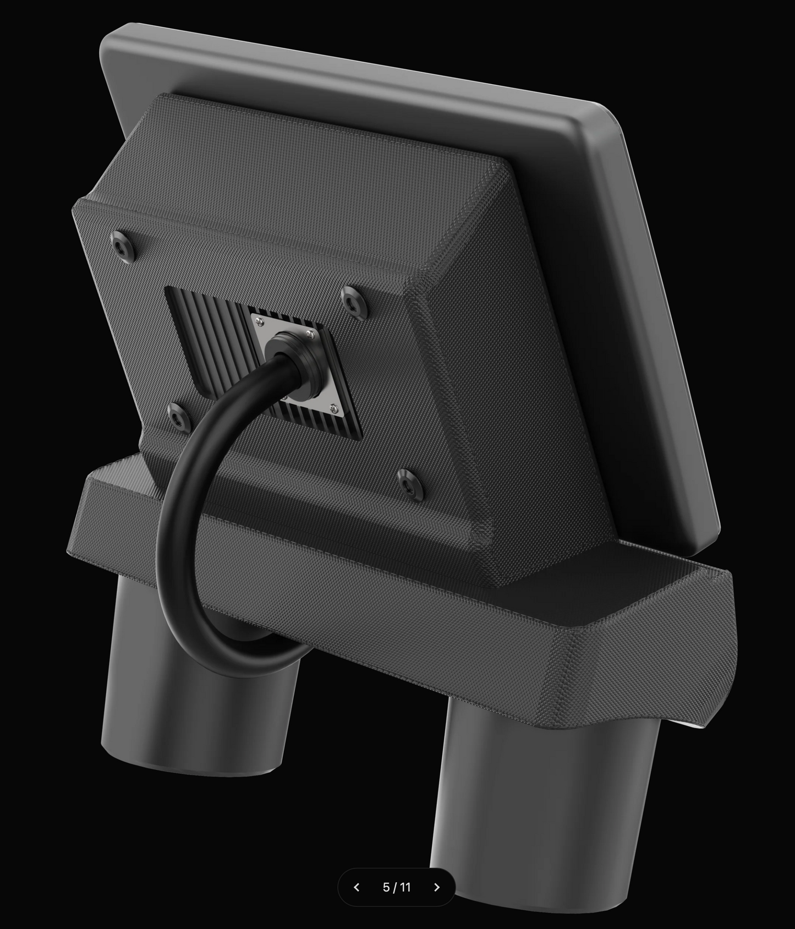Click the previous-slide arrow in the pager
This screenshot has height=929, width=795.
pyautogui.click(x=357, y=887)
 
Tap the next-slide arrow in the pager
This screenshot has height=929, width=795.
pyautogui.click(x=437, y=887)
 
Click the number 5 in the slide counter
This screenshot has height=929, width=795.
pyautogui.click(x=386, y=887)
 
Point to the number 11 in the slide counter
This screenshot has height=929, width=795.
pyautogui.click(x=405, y=887)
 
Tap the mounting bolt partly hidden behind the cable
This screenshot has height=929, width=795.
pyautogui.click(x=178, y=417)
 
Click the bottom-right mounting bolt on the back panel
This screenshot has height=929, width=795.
pyautogui.click(x=410, y=483)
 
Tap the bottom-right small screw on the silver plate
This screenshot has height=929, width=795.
pyautogui.click(x=334, y=408)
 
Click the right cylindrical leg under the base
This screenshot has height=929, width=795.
pyautogui.click(x=545, y=798)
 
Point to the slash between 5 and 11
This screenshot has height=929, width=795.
pyautogui.click(x=396, y=887)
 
